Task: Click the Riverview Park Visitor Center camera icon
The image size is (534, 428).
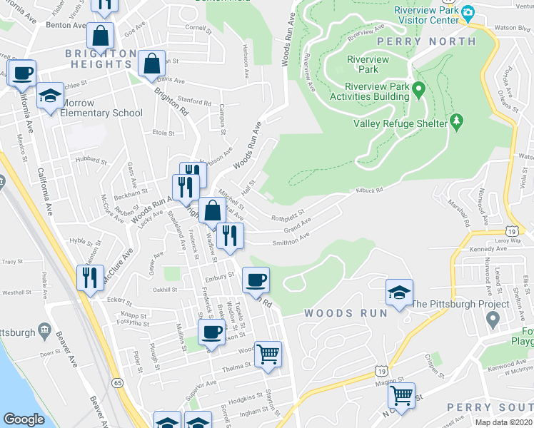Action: tap(468, 13)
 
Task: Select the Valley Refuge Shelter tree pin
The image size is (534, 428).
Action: tap(457, 122)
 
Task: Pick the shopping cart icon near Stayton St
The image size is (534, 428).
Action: tap(268, 352)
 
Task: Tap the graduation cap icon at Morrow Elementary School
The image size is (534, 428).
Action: tap(50, 96)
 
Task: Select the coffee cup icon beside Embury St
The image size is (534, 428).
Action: tap(256, 279)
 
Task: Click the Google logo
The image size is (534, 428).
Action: tap(24, 419)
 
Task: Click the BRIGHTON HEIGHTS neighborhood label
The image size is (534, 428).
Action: tap(100, 58)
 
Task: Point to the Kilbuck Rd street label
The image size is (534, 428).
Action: tap(370, 190)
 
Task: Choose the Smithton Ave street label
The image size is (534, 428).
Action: tap(291, 240)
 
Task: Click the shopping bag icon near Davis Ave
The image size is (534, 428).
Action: tap(152, 63)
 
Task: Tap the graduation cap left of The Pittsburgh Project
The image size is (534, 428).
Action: tap(399, 291)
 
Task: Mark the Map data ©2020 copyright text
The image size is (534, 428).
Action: tap(503, 422)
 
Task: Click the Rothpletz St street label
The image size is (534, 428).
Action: tap(287, 215)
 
